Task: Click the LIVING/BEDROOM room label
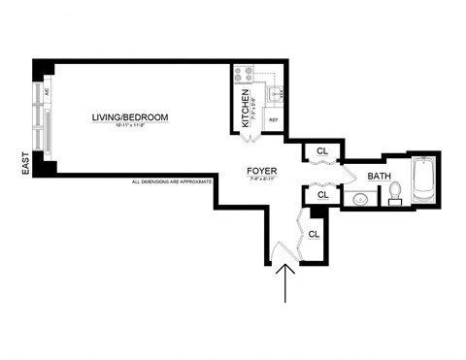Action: [130, 117]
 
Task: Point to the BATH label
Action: [380, 176]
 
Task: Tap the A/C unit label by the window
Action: [46, 92]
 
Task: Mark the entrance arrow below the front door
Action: [284, 286]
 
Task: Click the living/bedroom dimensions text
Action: [130, 127]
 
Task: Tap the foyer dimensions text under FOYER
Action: [262, 180]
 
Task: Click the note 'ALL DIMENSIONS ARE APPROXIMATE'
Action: [173, 181]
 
